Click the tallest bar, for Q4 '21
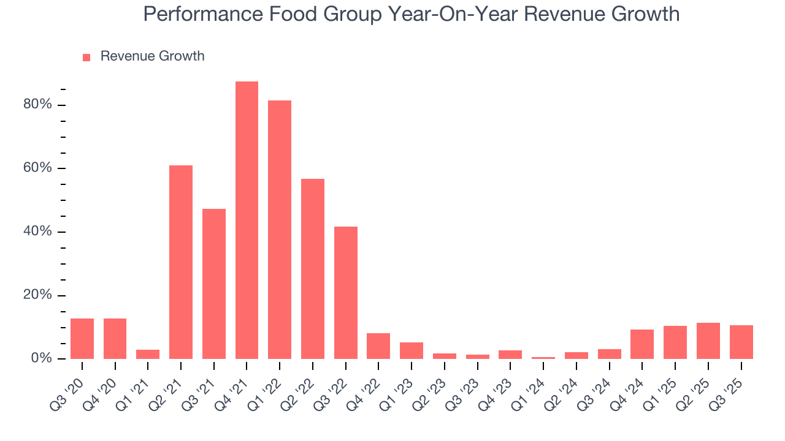tap(247, 221)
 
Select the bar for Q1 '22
tap(280, 230)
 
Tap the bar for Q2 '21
tap(181, 262)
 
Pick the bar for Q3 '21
tap(214, 284)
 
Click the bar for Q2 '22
tap(313, 269)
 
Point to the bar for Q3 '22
tap(346, 293)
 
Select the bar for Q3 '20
tap(82, 339)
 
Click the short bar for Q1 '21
tap(148, 354)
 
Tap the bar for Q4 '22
tap(378, 346)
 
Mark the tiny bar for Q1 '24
tap(543, 358)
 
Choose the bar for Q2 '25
tap(708, 341)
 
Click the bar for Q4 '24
tap(642, 344)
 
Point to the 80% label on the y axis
tap(38, 105)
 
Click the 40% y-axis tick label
tap(38, 232)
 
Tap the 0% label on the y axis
tap(42, 358)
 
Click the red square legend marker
tap(86, 57)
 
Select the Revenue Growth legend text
tap(152, 56)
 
